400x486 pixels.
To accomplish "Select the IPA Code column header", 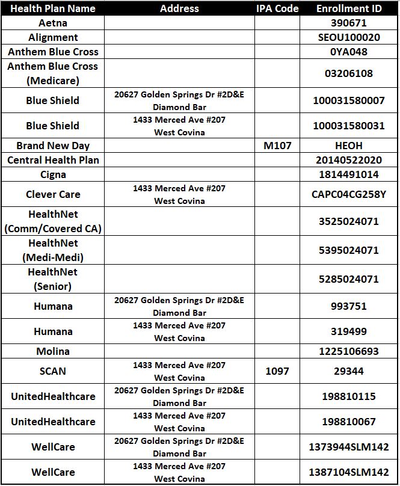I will point(277,8).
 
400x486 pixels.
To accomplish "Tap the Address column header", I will point(179,8).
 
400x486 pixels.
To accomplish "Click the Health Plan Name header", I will point(53,8).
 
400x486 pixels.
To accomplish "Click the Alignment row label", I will point(53,37).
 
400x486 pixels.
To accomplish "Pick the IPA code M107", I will point(277,146).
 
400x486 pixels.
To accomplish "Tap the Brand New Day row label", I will point(53,146).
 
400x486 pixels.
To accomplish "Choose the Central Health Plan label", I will point(53,160).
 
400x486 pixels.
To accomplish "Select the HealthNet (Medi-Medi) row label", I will point(53,250).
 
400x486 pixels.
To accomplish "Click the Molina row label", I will point(53,351).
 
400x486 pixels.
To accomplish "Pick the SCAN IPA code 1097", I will point(277,371).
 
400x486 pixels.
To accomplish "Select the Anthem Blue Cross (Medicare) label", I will point(53,73).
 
